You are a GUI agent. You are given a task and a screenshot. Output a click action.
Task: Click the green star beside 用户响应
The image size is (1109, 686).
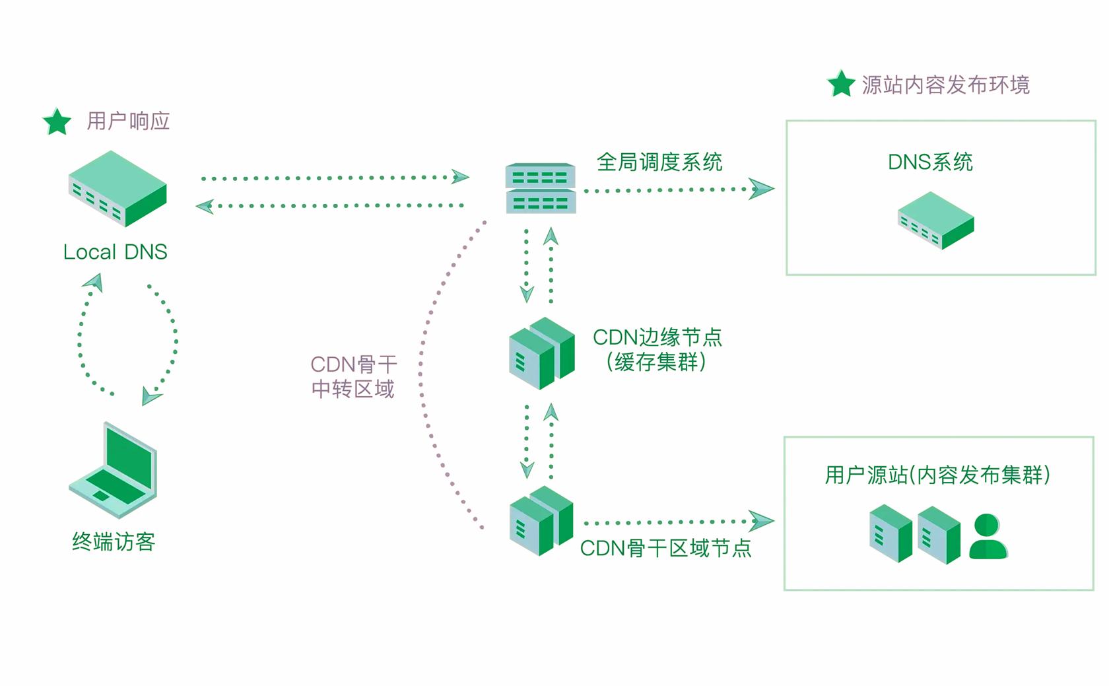57,122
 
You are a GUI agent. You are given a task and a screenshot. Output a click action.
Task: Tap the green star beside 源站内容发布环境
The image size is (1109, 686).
841,85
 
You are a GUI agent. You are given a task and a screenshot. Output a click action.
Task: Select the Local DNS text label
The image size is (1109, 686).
116,252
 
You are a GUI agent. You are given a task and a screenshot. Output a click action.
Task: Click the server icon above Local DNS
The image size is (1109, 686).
118,188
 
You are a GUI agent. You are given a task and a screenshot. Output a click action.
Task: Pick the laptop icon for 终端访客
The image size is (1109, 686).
114,469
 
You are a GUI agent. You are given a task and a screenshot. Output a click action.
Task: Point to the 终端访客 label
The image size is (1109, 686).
114,541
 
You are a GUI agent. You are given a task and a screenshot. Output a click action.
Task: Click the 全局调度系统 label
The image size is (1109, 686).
659,162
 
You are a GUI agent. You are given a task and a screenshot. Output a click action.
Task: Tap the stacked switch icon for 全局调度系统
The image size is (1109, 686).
541,188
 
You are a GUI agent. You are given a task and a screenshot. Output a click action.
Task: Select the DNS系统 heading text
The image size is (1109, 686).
930,162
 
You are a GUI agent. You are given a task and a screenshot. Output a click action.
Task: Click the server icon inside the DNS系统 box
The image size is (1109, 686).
935,220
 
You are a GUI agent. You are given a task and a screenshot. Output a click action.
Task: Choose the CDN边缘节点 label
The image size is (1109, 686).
657,337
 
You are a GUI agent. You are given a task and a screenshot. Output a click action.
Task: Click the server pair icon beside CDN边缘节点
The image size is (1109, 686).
542,353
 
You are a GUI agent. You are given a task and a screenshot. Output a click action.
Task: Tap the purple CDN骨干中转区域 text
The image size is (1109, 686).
353,376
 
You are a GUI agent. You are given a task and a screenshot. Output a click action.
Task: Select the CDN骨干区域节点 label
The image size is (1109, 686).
665,548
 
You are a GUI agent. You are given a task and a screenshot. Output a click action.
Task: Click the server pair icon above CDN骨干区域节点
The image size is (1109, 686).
542,521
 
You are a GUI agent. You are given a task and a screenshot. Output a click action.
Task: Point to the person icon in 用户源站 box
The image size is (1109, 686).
988,537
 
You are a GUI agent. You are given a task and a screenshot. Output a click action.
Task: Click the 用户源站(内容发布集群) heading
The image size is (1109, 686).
937,475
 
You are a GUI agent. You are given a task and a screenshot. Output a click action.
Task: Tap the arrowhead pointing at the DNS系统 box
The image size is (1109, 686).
761,189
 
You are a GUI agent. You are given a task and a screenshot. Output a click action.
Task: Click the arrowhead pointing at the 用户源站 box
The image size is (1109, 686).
761,521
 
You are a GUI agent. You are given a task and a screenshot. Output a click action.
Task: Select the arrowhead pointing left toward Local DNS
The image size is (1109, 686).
205,206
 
